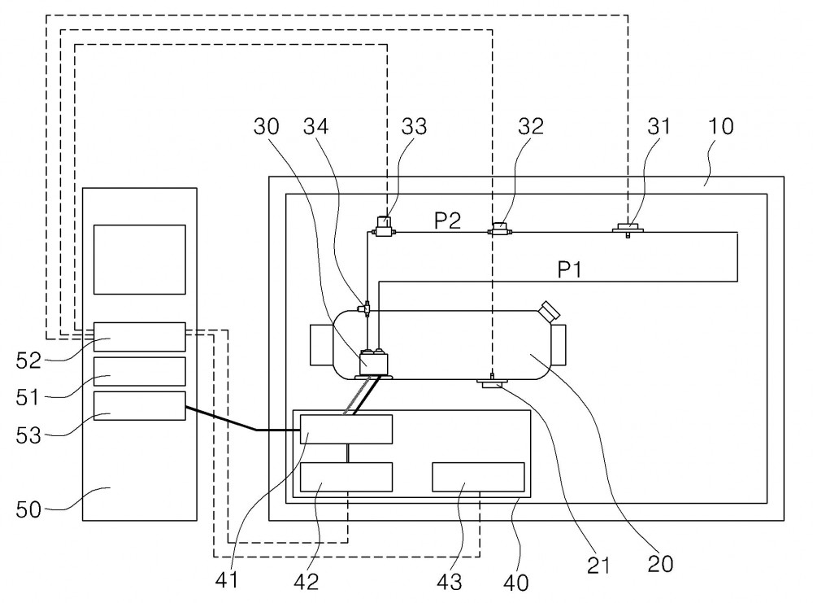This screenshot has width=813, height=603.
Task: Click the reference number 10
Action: pyautogui.click(x=721, y=126)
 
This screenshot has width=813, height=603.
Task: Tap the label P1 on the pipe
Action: pyautogui.click(x=569, y=269)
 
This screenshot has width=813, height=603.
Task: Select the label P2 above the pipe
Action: pyautogui.click(x=447, y=221)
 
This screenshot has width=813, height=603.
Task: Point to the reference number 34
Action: pyautogui.click(x=315, y=126)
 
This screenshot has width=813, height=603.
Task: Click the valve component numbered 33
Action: pyautogui.click(x=383, y=228)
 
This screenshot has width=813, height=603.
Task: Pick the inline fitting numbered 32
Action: pyautogui.click(x=500, y=229)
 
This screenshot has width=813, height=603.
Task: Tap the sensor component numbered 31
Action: pyautogui.click(x=628, y=229)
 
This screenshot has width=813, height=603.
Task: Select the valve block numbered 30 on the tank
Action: pyautogui.click(x=374, y=363)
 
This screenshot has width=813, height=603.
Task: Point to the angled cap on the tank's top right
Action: pyautogui.click(x=549, y=310)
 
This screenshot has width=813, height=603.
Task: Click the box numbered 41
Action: pyautogui.click(x=346, y=429)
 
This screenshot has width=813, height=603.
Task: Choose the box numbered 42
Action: pyautogui.click(x=346, y=477)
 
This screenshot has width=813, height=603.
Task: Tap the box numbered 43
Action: pyautogui.click(x=478, y=477)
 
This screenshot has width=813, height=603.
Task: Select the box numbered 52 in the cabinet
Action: pyautogui.click(x=140, y=337)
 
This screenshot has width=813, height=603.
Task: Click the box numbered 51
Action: pyautogui.click(x=140, y=372)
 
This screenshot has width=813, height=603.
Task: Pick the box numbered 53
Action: pyautogui.click(x=140, y=406)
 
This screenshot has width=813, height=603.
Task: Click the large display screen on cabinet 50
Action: pyautogui.click(x=140, y=260)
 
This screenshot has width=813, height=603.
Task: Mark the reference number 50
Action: pyautogui.click(x=28, y=509)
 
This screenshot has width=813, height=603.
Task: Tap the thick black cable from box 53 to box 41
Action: pyautogui.click(x=256, y=430)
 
